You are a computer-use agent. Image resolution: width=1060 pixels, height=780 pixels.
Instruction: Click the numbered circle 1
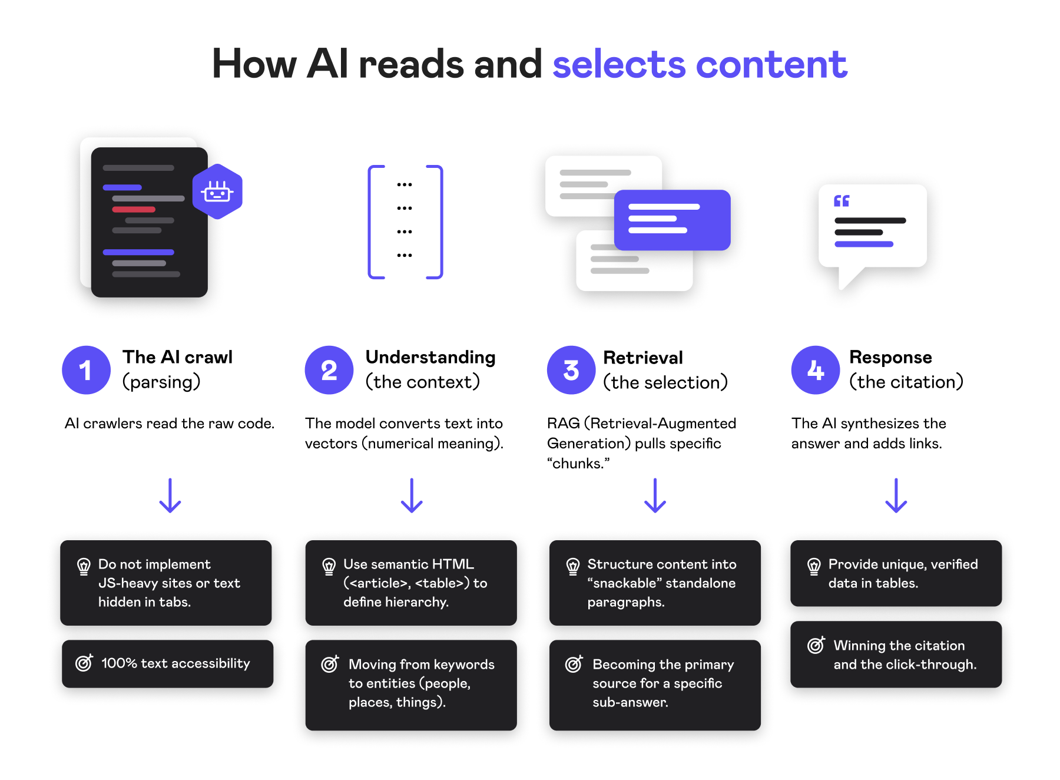coord(86,370)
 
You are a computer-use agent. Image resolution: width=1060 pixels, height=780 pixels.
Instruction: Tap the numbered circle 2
coord(329,370)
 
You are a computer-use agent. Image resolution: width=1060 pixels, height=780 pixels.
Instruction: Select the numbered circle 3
coord(571,370)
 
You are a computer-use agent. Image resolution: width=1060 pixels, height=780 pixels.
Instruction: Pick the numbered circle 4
coord(815,370)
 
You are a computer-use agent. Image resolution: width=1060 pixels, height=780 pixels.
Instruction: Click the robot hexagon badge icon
coord(217,191)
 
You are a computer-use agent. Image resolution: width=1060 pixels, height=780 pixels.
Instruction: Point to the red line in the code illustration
coord(134,209)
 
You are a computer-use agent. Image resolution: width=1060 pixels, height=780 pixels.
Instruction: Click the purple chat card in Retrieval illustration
coord(672,220)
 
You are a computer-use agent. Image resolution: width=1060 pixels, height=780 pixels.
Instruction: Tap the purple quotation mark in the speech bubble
coord(842,201)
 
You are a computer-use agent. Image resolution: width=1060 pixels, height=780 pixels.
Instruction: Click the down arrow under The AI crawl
coord(170,495)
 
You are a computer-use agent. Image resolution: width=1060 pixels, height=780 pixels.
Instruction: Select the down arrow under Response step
coord(896,495)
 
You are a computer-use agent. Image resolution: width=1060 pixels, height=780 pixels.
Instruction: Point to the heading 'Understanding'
coord(430,357)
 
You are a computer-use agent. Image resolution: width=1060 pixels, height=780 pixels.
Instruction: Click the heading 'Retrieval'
coord(643,358)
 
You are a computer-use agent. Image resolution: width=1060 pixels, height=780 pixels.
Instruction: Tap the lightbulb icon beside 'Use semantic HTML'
coord(329,567)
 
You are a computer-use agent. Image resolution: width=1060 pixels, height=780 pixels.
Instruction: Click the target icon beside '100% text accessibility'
coord(84,663)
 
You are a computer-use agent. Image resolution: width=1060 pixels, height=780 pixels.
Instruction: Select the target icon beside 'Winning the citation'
coord(816,645)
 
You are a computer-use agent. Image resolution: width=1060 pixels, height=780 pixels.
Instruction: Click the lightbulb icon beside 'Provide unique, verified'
coord(814,567)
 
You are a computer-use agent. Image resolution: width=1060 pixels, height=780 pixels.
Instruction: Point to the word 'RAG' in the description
coord(563,424)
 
